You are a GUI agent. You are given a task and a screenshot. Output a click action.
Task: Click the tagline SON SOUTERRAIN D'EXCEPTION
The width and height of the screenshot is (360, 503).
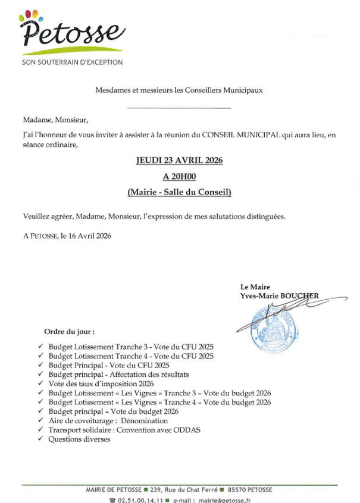(x=72, y=62)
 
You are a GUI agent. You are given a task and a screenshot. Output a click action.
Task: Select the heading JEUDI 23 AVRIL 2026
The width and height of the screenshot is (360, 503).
(x=180, y=161)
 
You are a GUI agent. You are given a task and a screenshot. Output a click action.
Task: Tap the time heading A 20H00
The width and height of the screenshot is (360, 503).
(x=180, y=176)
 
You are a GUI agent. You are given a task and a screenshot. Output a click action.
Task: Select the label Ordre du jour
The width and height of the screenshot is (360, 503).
(x=70, y=331)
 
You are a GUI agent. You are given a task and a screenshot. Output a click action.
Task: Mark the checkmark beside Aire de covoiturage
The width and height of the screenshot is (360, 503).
(x=40, y=421)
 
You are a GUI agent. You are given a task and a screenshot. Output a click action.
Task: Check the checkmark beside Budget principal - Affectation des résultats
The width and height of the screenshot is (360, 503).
(x=40, y=375)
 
